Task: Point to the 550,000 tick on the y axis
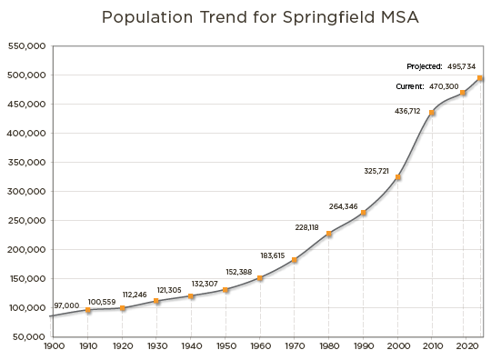27,46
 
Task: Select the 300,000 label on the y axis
27,192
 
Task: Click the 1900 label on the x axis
54,346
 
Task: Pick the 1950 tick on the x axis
225,346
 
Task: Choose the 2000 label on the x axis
397,346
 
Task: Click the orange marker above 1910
88,310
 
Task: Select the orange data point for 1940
191,296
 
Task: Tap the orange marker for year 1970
294,261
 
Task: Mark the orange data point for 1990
364,213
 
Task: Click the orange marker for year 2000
398,177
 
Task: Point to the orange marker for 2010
432,113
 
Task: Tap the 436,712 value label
407,111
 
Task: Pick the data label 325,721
376,171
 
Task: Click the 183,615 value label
273,255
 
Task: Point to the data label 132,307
205,284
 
